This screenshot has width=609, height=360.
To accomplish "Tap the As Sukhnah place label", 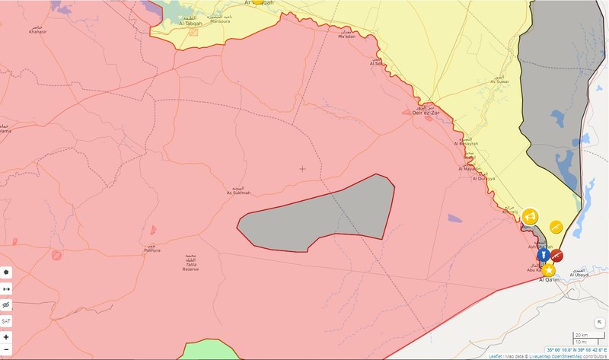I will click(x=238, y=193).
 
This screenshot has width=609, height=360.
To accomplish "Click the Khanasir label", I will click(x=37, y=33).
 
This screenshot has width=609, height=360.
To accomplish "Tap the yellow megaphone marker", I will click(x=530, y=215).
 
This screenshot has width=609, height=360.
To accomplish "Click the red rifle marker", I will click(x=556, y=256).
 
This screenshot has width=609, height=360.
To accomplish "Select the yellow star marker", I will click(x=548, y=269).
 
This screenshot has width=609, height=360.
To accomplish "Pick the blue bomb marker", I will click(x=544, y=255).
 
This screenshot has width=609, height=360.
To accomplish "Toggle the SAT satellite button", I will click(x=7, y=321).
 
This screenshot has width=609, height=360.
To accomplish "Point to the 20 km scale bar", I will click(x=580, y=336).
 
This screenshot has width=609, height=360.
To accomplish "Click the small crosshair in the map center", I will click(x=302, y=169).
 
